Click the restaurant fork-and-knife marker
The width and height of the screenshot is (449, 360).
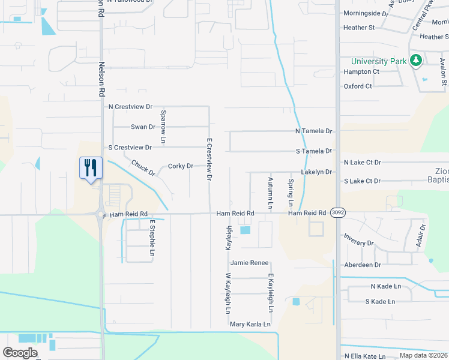91,167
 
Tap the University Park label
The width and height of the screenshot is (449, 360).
378,61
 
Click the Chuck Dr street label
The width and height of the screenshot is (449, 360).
143,168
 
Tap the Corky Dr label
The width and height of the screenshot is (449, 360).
181,166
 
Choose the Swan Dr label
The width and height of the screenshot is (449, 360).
143,127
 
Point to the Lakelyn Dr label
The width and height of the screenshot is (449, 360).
316,172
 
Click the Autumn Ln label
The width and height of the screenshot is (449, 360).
271,193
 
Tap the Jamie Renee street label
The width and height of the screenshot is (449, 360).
249,263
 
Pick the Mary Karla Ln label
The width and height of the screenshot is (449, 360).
250,324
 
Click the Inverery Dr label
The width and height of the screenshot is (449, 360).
359,244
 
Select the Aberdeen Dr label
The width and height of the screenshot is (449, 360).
363,265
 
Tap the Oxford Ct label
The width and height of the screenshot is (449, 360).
358,86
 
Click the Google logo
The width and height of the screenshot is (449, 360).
20,353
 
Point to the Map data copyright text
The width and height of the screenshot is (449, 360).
423,355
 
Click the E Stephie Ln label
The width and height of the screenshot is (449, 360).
152,238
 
